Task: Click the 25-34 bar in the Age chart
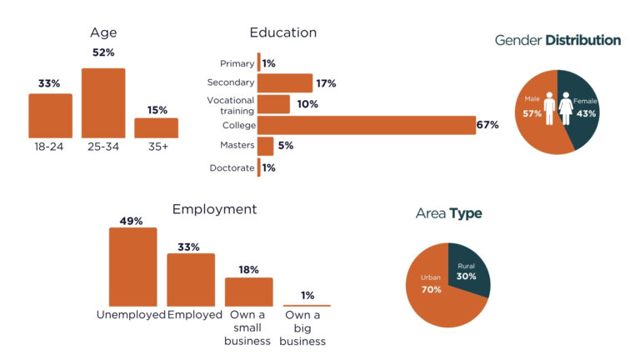pyautogui.click(x=103, y=102)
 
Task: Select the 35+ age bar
pyautogui.click(x=156, y=127)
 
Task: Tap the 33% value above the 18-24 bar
pyautogui.click(x=49, y=83)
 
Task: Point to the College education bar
pyautogui.click(x=366, y=125)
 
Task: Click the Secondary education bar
pyautogui.click(x=284, y=83)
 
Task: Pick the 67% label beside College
pyautogui.click(x=487, y=125)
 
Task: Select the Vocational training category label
pyautogui.click(x=232, y=104)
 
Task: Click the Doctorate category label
pyautogui.click(x=232, y=167)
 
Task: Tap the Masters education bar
pyautogui.click(x=265, y=146)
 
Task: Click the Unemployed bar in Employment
pyautogui.click(x=132, y=267)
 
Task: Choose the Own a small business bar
pyautogui.click(x=248, y=292)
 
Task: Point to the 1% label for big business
pyautogui.click(x=307, y=295)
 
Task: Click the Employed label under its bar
pyautogui.click(x=195, y=315)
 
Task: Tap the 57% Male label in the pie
pyautogui.click(x=532, y=113)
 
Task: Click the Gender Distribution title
pyautogui.click(x=557, y=40)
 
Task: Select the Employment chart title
pyautogui.click(x=214, y=209)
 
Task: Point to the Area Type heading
pyautogui.click(x=448, y=214)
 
